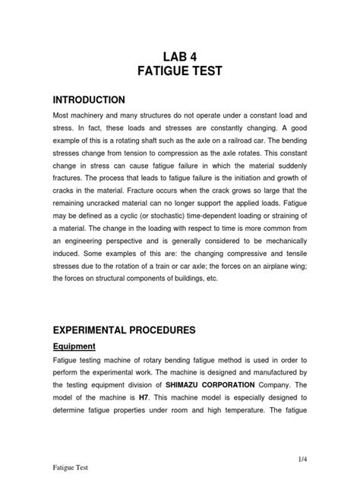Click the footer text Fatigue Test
tap(71, 470)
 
